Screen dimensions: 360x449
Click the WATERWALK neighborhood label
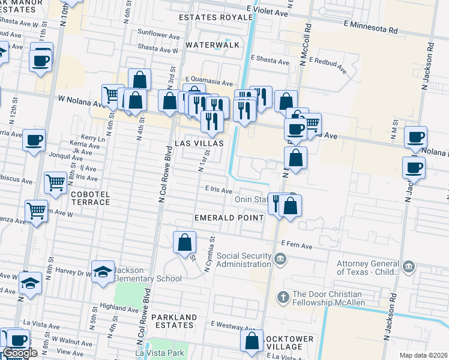point(212,45)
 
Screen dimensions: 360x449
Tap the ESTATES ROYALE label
point(216,17)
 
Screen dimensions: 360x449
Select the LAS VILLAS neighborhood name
point(199,143)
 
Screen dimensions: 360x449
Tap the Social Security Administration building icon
point(280,260)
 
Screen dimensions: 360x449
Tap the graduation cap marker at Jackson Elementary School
point(103,271)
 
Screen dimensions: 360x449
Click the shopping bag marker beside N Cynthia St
point(185,242)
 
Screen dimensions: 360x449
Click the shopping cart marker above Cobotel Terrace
point(55,181)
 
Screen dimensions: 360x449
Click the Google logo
point(20,353)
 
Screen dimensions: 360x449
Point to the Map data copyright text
point(423,355)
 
